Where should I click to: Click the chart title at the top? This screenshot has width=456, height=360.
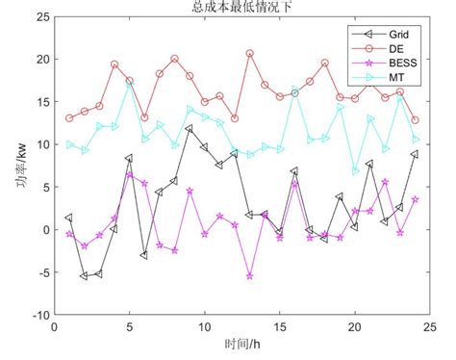click(229, 7)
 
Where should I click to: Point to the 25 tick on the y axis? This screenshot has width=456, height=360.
click(41, 17)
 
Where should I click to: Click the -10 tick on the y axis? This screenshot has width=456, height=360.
click(38, 314)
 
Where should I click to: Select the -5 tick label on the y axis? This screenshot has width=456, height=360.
click(41, 271)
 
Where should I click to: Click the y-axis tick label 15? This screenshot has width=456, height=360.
click(41, 102)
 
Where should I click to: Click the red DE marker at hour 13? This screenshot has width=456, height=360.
click(249, 54)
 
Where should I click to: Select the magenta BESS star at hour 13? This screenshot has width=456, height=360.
click(249, 276)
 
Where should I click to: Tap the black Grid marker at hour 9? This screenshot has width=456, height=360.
click(190, 128)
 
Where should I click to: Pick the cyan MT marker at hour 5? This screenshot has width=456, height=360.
click(130, 86)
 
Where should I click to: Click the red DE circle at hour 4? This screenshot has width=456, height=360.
click(114, 64)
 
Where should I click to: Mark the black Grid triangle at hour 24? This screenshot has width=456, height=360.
click(415, 154)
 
